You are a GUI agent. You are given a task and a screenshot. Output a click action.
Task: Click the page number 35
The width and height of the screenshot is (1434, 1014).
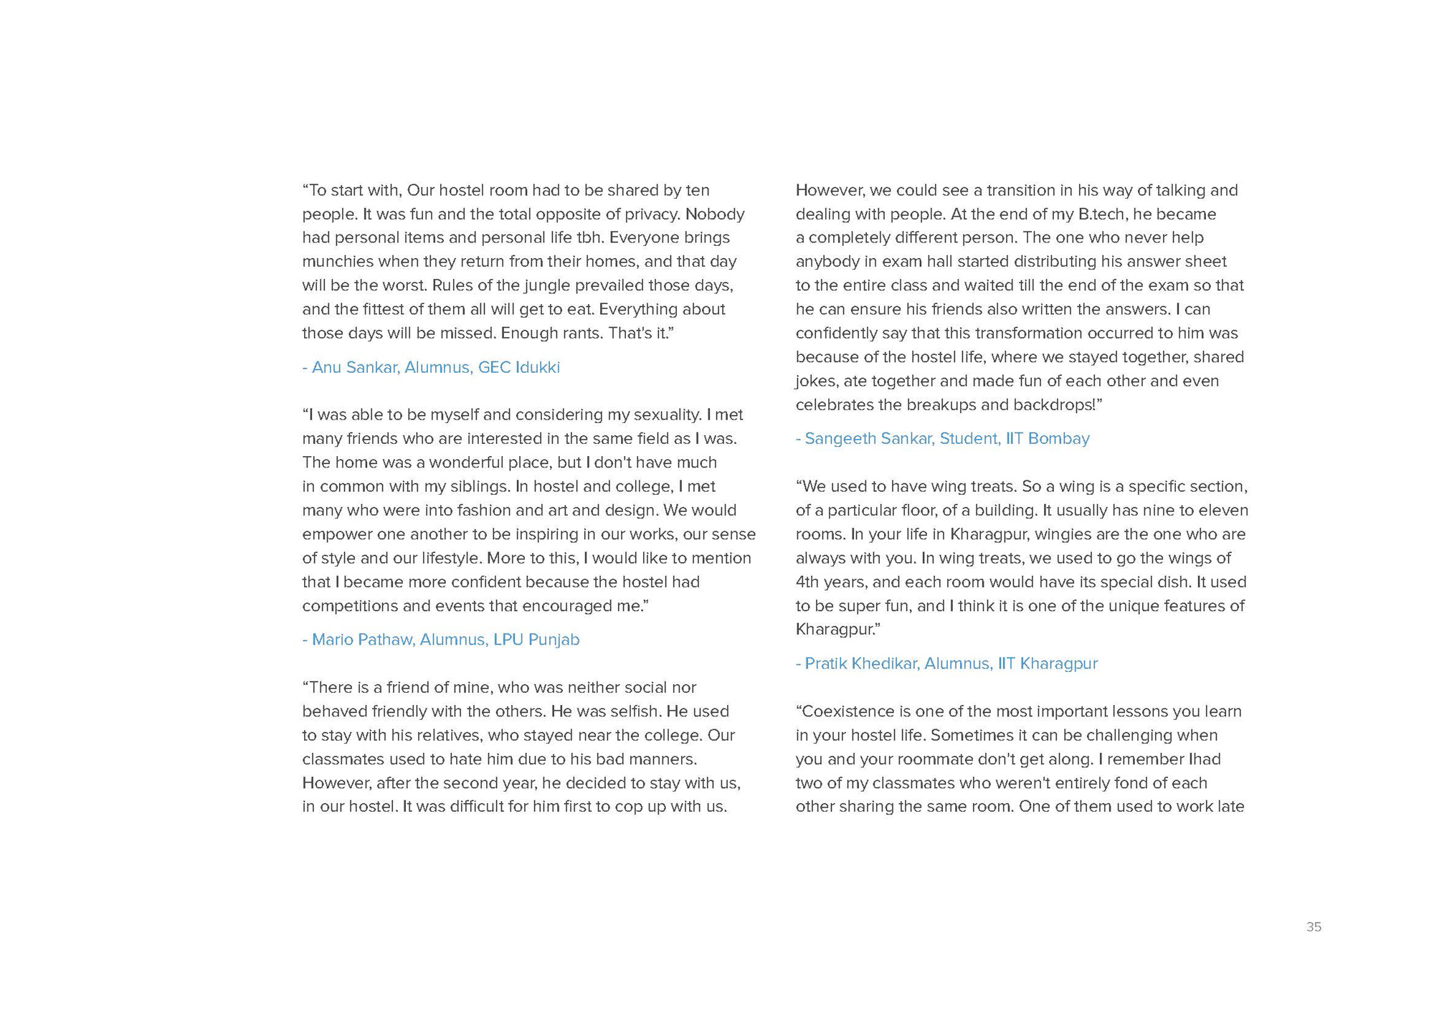(1314, 927)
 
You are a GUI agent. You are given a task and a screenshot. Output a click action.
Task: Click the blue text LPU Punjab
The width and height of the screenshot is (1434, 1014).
(536, 639)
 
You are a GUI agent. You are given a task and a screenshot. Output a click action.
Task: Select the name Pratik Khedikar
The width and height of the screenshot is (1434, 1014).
(861, 663)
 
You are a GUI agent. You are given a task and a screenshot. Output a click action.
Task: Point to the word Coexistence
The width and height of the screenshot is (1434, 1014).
(847, 711)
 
